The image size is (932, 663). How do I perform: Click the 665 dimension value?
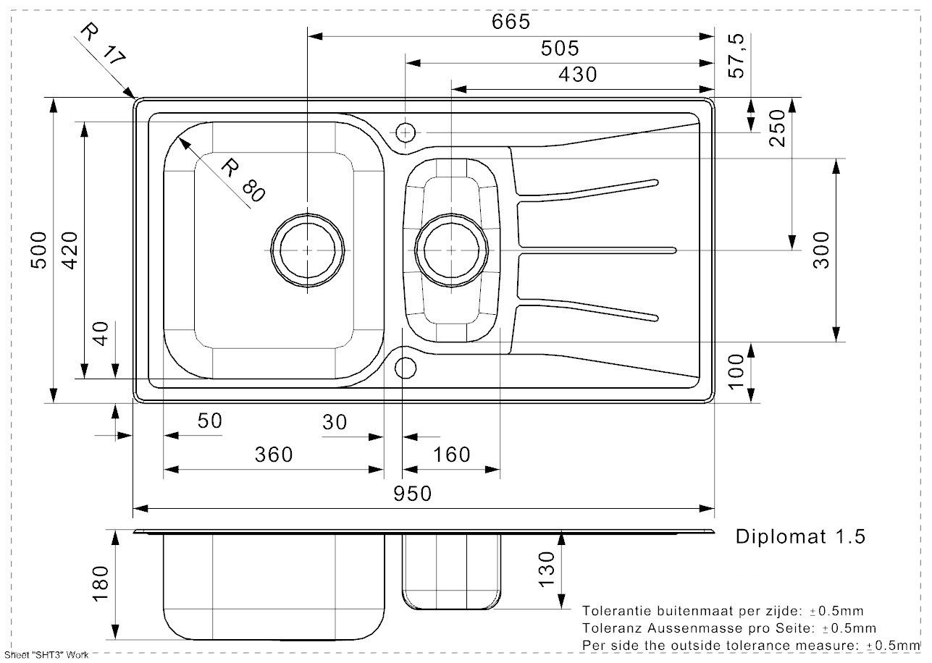(511, 22)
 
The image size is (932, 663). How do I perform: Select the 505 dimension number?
(560, 48)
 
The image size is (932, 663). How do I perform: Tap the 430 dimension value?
(577, 75)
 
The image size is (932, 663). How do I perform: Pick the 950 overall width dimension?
(412, 494)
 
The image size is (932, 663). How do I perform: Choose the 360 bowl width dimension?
(274, 455)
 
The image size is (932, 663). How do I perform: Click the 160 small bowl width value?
(451, 455)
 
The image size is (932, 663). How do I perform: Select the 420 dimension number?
(70, 250)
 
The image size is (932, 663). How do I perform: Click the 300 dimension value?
(821, 250)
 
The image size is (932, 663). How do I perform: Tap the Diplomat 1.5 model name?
(800, 536)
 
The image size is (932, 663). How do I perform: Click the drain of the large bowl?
(308, 249)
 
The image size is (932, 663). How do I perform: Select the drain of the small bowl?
(452, 249)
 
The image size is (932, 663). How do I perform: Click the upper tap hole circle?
(405, 132)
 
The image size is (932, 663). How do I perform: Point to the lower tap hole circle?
(405, 367)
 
